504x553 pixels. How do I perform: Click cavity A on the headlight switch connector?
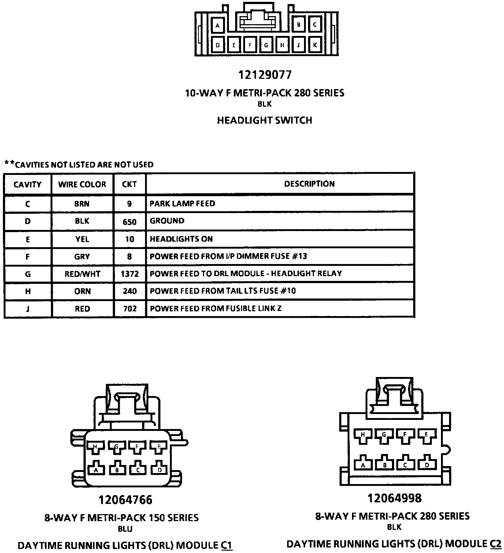coord(218,26)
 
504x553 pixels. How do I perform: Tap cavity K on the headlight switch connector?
coord(315,45)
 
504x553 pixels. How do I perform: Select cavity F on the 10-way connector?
coord(250,45)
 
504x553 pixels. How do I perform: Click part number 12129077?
coord(265,75)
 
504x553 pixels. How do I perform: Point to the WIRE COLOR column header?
coord(82,184)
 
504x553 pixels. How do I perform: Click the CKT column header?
coord(129,184)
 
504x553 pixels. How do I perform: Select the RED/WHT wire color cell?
coord(82,274)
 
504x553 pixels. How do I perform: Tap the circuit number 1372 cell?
coord(130,274)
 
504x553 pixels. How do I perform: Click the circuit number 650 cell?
coord(130,221)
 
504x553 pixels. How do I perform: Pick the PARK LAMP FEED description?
coord(182,204)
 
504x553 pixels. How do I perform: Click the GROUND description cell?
coord(167,221)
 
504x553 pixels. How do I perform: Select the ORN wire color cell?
coord(82,291)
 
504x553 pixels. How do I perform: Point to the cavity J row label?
coord(27,309)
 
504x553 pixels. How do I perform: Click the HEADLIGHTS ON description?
coord(181,239)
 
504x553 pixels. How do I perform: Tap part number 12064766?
coord(125,499)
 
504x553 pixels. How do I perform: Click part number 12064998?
coord(394,498)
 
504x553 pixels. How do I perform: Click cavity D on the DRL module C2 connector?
coord(426,465)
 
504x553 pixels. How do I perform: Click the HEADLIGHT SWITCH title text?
coord(264,120)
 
